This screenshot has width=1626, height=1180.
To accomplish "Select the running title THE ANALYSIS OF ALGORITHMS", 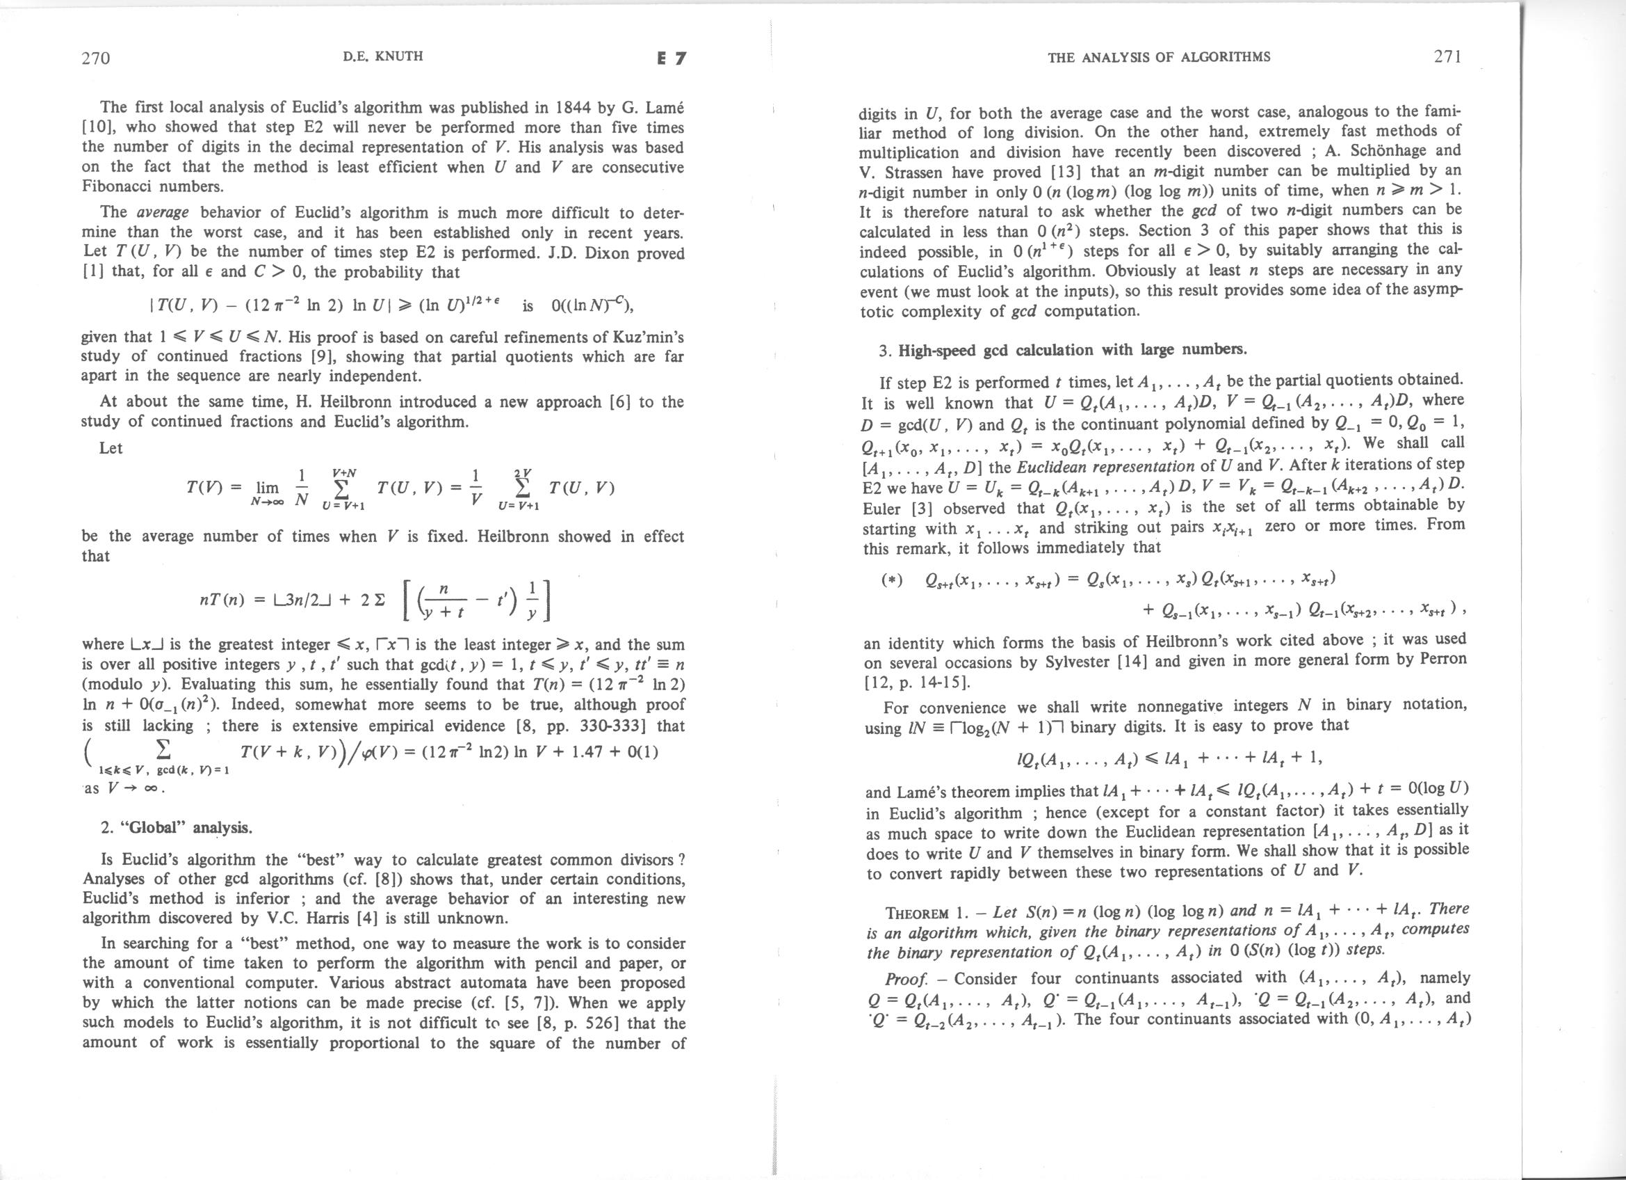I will [x=1159, y=56].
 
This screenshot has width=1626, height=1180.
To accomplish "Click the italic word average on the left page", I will [x=162, y=212].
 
